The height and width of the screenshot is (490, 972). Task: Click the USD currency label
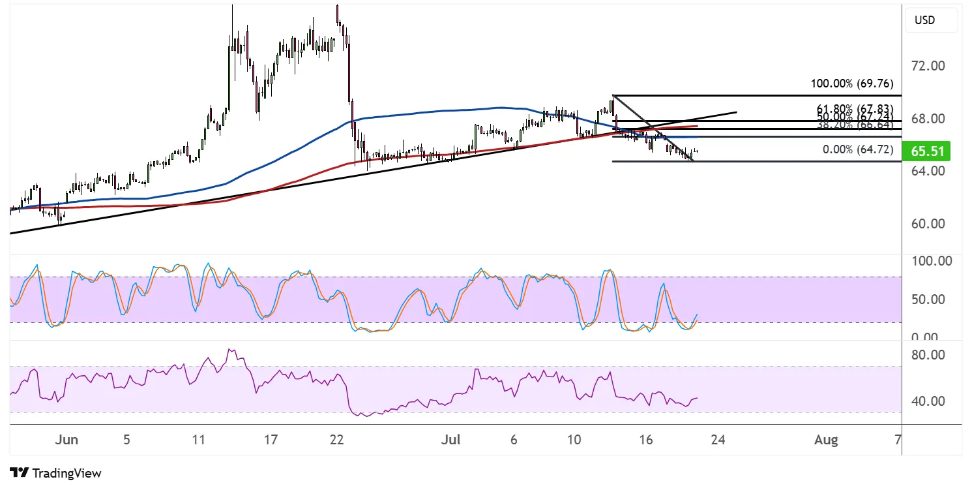coord(925,20)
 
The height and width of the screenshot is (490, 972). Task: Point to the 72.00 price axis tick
coord(928,66)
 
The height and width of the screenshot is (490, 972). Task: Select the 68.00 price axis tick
coord(928,119)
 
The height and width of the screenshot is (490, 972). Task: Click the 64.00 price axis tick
coord(928,171)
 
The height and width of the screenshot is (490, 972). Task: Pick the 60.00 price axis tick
coord(928,224)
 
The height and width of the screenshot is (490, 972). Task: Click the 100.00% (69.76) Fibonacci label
coord(851,84)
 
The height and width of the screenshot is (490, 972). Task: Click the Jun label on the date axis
coord(66,440)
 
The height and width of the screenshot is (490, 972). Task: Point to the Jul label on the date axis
coord(450,440)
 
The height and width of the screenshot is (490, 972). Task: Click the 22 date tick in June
coord(336,440)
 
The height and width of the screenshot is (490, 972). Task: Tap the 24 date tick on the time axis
coord(718,440)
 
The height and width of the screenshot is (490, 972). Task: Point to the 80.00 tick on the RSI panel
coord(929,355)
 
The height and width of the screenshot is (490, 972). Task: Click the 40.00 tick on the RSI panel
coord(929,401)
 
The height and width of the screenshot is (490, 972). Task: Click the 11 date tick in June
coord(198,440)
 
